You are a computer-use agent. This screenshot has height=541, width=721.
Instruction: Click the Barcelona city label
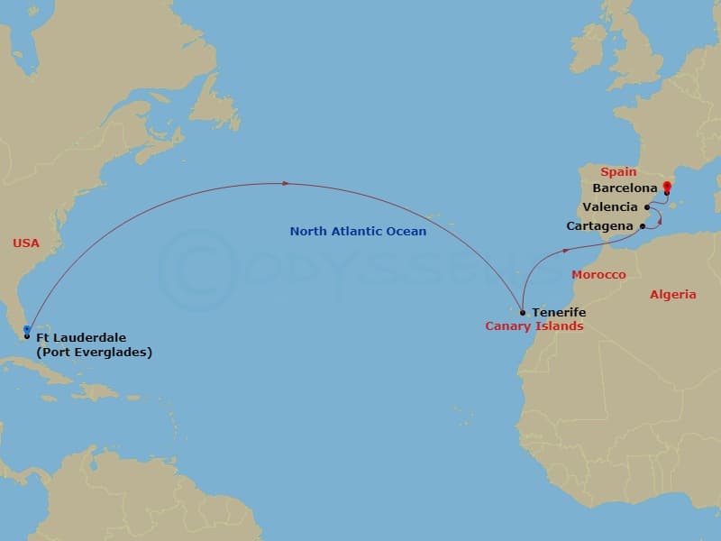coord(625,188)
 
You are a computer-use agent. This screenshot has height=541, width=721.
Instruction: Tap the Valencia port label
coord(610,207)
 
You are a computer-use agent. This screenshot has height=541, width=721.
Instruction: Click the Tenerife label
coord(559,313)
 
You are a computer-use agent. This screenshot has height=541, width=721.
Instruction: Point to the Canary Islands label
coord(534,326)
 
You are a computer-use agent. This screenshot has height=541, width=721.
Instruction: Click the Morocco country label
coord(598,274)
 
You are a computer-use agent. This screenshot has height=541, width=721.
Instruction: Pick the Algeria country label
coord(672,295)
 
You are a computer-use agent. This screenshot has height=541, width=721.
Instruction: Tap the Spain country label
coord(618,171)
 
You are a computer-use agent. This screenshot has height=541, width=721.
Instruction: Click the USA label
coord(26,243)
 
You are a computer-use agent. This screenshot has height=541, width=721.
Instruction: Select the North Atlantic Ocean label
coord(358,232)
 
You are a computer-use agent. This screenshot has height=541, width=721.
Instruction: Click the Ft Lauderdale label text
coord(81,338)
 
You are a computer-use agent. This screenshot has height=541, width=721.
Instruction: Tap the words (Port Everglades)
coord(94,353)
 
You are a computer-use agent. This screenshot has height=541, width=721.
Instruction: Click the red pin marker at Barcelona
coord(666,187)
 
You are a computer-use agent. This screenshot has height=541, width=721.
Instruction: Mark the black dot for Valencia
coord(647,207)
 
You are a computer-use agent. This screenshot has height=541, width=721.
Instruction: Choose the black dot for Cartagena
coord(642,225)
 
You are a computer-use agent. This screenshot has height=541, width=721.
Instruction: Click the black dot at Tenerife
coord(523,313)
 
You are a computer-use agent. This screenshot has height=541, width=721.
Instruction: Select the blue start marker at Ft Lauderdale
coord(27,331)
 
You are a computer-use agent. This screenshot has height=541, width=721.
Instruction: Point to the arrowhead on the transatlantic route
coord(286,183)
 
